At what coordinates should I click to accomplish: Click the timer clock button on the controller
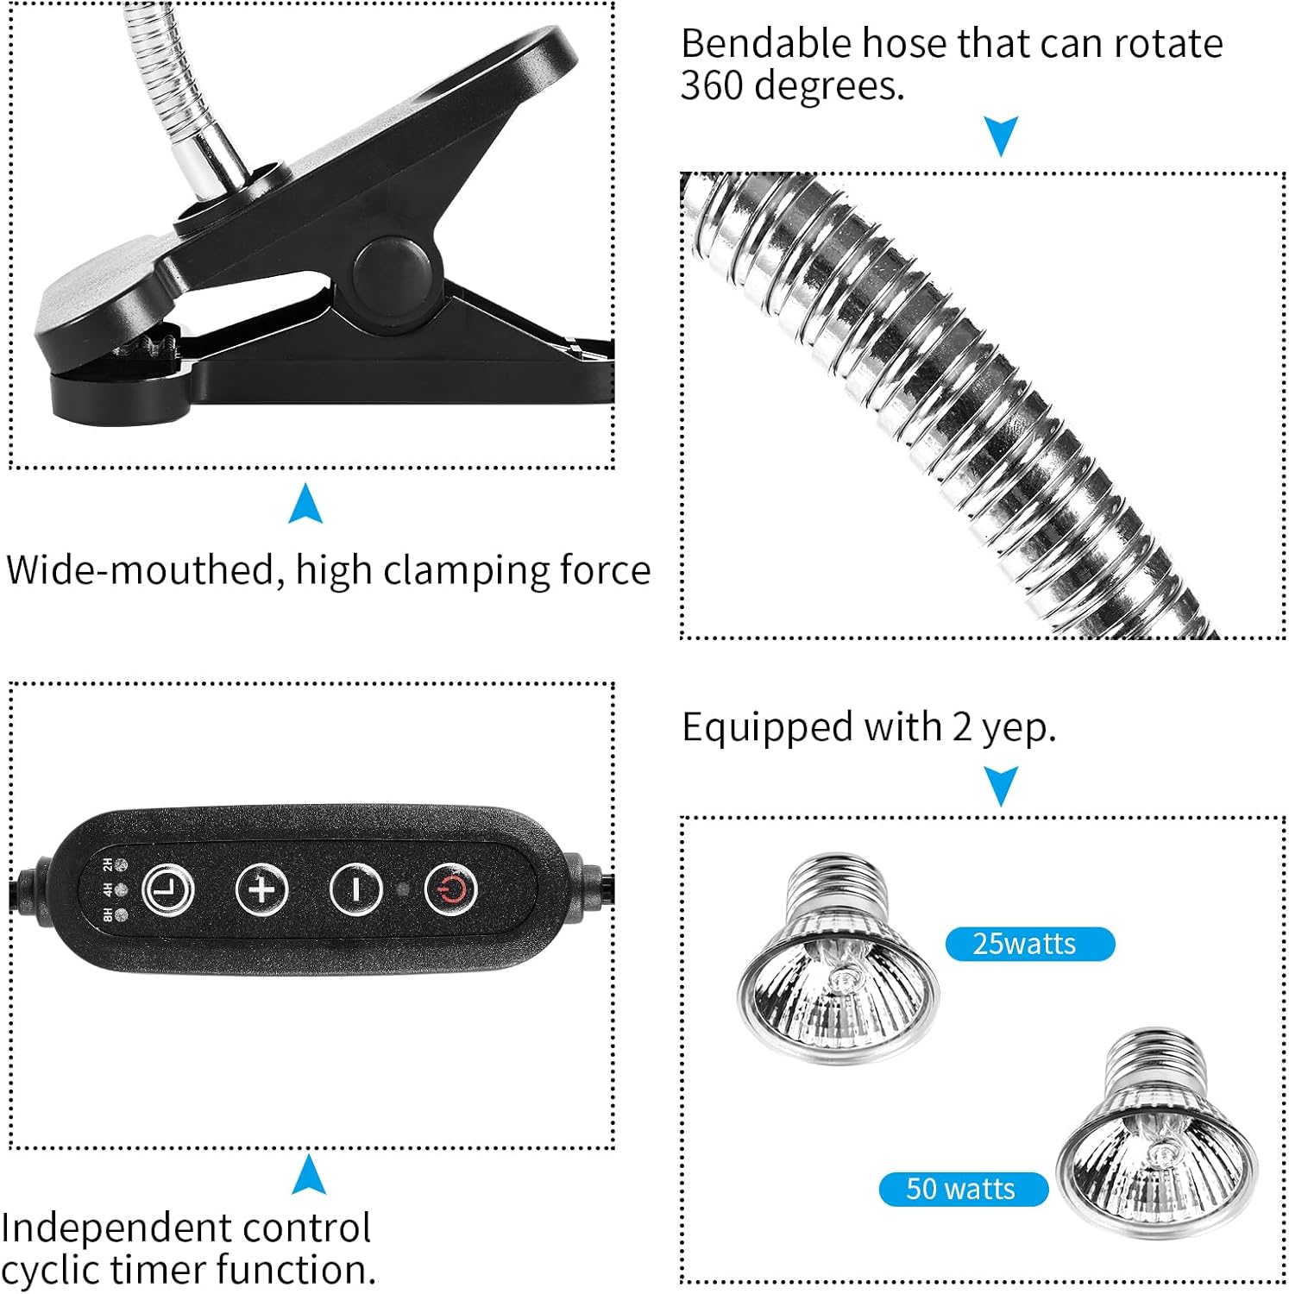click(167, 889)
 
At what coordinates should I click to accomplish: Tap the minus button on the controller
click(356, 889)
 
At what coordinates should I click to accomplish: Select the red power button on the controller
click(450, 889)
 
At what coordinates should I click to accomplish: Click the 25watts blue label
click(1029, 944)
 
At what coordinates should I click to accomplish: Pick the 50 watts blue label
click(963, 1189)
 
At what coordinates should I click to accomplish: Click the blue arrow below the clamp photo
click(305, 504)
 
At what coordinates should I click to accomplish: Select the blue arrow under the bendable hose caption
click(1001, 135)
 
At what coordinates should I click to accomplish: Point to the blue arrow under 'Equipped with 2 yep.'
click(1001, 786)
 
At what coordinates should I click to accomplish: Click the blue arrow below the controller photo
click(309, 1175)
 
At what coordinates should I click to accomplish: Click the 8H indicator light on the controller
click(121, 915)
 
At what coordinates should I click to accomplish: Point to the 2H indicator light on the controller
click(121, 864)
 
